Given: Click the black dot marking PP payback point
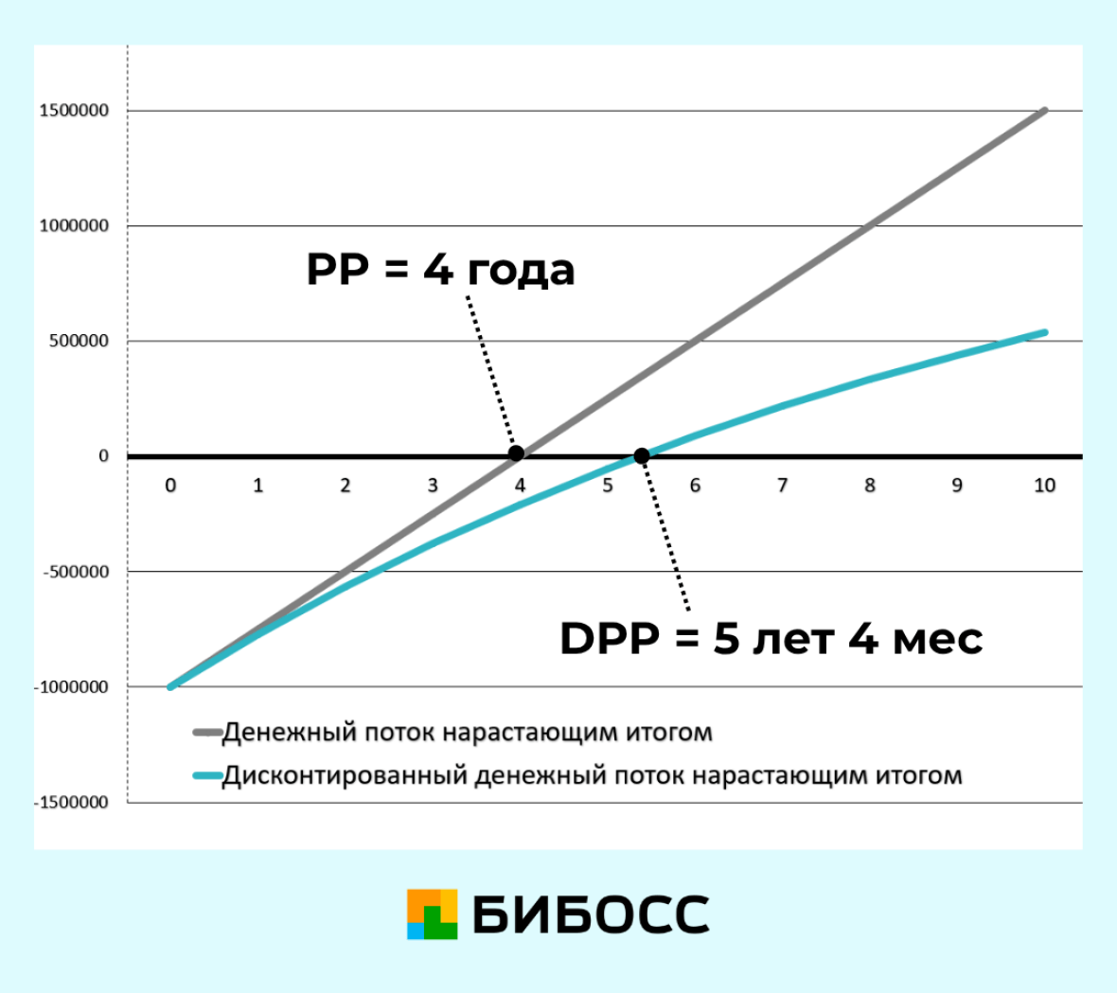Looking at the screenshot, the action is [517, 453].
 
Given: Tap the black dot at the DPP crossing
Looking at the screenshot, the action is [641, 455].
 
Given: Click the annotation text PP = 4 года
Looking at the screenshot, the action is [440, 269].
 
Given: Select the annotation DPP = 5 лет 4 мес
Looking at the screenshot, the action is [771, 637].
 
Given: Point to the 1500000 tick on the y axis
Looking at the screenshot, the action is [74, 111].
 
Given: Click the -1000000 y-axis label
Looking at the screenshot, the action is [71, 686].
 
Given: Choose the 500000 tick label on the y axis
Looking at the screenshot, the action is [80, 341].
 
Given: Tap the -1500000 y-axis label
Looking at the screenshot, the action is [71, 802].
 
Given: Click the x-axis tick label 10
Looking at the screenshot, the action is [1044, 485].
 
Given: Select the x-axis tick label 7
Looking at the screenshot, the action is [782, 485].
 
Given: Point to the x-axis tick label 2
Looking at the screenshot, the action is [346, 485].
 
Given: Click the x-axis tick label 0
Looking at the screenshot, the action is [170, 485].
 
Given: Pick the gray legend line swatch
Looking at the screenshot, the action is [207, 733].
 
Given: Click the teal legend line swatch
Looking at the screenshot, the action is [207, 775].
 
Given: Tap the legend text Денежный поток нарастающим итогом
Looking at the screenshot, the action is [468, 733].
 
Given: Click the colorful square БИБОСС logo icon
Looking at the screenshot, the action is [432, 913].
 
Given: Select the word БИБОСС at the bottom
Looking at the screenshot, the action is [591, 914].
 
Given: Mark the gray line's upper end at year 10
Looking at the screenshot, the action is [1045, 110].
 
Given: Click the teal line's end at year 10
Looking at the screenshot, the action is [1045, 332].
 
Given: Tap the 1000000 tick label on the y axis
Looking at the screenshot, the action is [74, 226].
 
